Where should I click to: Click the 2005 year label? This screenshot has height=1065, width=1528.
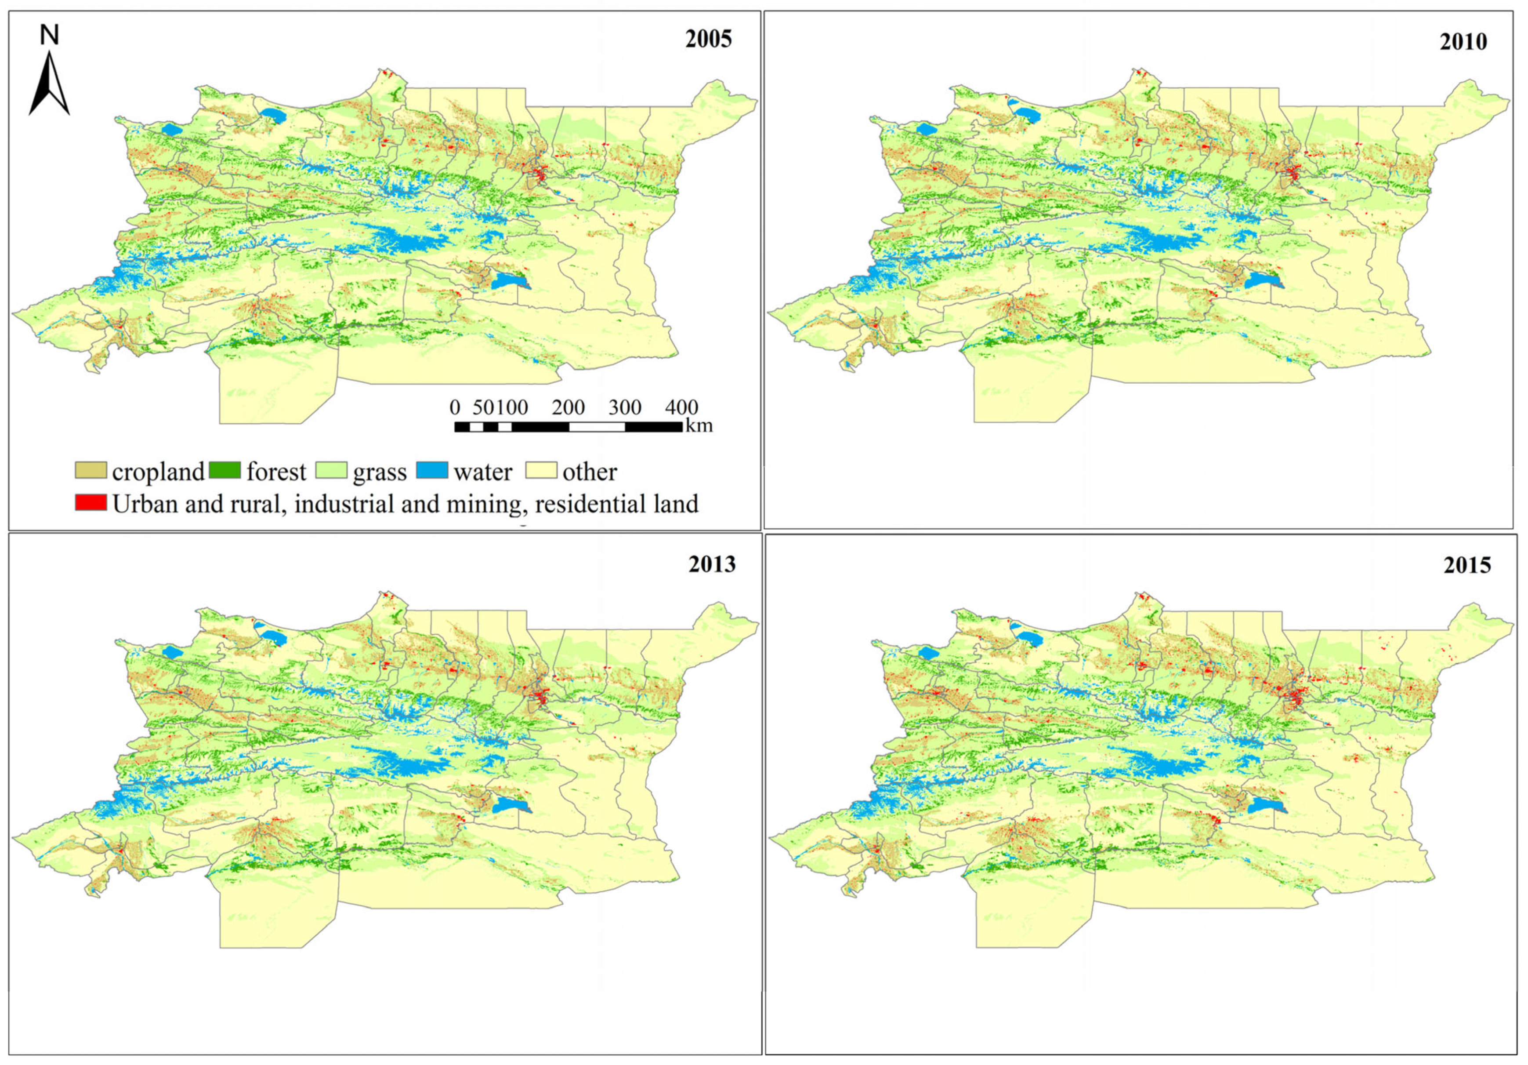coord(708,39)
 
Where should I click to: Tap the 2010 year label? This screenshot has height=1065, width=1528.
coord(1463,42)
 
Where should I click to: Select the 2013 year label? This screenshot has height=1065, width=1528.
coord(711,564)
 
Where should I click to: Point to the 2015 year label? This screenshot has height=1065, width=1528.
coord(1467,566)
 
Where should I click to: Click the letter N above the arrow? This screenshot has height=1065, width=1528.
coord(49,35)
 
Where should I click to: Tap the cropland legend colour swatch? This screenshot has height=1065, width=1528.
coord(91,471)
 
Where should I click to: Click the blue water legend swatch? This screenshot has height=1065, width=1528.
coord(432,471)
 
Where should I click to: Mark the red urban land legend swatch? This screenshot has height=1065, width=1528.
coord(91,502)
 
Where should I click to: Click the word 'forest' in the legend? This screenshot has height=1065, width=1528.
coord(276,472)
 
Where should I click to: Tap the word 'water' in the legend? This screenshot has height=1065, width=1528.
coord(483,472)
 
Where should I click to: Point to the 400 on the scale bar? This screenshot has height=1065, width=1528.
coord(681,407)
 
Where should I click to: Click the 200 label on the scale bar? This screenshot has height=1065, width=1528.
coord(568,407)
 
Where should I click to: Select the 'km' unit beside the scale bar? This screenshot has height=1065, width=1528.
coord(699,425)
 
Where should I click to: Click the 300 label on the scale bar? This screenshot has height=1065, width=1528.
coord(625,407)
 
